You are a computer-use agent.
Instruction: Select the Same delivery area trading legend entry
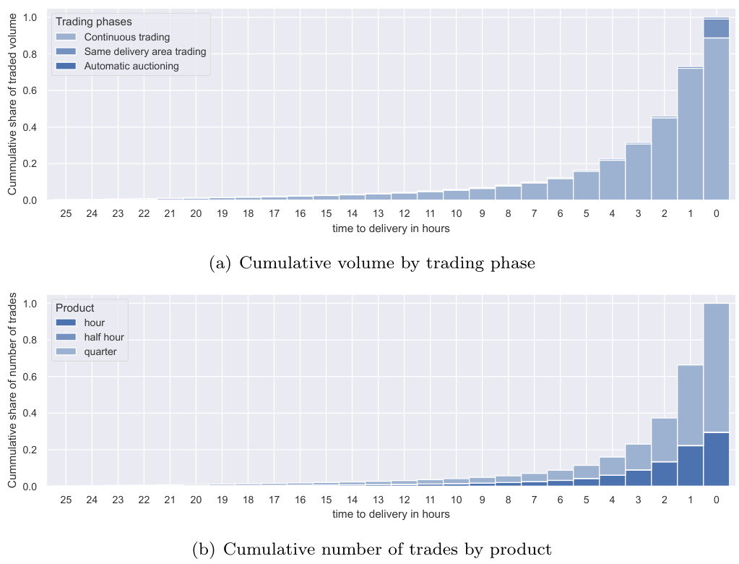(x=144, y=51)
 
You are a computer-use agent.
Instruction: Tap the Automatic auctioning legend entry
(x=131, y=66)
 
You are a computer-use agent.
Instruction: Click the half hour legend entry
(x=104, y=337)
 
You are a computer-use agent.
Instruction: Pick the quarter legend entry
(x=100, y=351)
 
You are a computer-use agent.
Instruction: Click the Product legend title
(x=74, y=308)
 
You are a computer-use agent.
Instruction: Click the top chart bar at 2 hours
(x=664, y=159)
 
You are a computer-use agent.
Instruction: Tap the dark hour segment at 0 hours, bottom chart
(x=716, y=459)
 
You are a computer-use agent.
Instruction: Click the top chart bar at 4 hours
(x=612, y=180)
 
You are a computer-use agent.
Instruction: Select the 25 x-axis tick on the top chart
(x=66, y=214)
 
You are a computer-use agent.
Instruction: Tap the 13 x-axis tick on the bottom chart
(x=378, y=500)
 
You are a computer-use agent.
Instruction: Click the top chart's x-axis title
(x=391, y=229)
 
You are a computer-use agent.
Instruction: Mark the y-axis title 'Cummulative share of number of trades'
(x=12, y=390)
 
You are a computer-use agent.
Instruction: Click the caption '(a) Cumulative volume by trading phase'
(x=372, y=263)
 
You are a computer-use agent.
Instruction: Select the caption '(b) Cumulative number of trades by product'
(x=372, y=550)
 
